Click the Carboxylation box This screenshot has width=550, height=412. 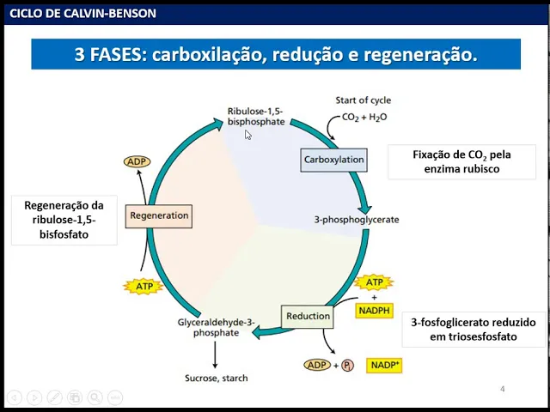click(334, 160)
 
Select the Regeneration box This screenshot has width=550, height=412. click(158, 215)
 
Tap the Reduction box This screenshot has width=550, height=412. click(308, 316)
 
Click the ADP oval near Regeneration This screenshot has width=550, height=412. click(137, 161)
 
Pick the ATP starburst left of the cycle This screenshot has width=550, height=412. click(143, 286)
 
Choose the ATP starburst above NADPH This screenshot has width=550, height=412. click(374, 282)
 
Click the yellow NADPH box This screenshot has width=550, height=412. click(374, 309)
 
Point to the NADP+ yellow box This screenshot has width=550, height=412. click(384, 365)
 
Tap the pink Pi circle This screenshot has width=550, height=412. click(348, 366)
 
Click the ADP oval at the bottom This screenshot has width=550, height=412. click(316, 365)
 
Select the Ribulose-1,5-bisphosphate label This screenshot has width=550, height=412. click(255, 117)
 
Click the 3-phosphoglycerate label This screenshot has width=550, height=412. click(357, 220)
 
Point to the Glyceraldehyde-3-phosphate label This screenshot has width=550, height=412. click(216, 328)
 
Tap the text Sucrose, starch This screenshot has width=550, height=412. click(216, 378)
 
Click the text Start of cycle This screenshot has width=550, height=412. click(363, 100)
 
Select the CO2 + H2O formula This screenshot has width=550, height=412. click(364, 117)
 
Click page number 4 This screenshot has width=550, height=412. click(503, 390)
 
